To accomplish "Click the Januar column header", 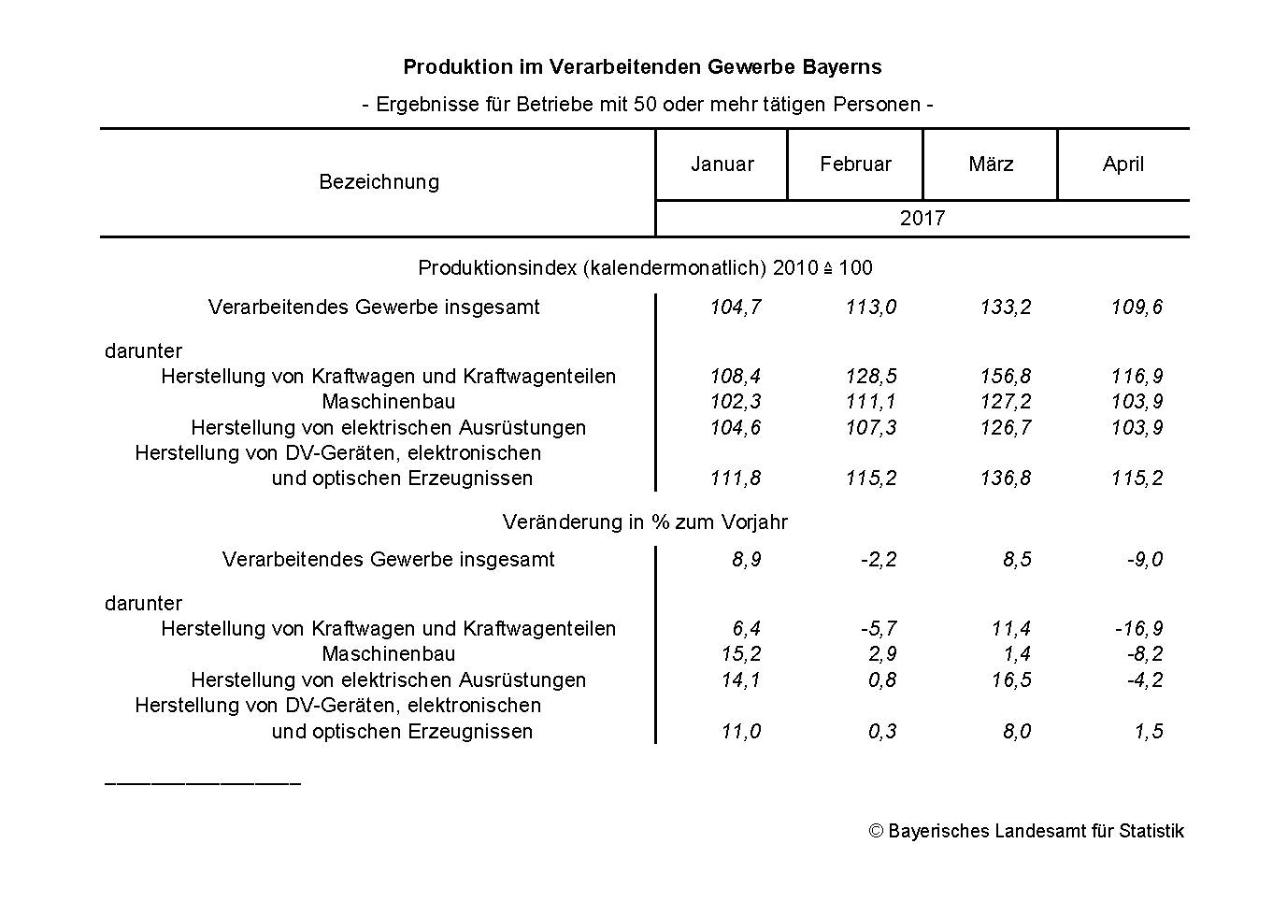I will tap(722, 164).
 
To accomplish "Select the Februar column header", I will tap(855, 164).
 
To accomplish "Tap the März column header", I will tap(991, 164).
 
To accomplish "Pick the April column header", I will tap(1123, 164).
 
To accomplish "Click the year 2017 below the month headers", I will tap(922, 219).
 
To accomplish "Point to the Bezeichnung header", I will tap(379, 181).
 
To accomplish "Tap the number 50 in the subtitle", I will tap(644, 105).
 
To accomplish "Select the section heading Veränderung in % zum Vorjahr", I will tap(645, 522).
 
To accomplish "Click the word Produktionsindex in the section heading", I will tap(497, 268).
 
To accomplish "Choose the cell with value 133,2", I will tap(1006, 307).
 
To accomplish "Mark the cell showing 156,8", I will tap(1006, 377).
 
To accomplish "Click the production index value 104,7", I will tap(735, 307).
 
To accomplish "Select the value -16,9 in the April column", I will tap(1138, 629).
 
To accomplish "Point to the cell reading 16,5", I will tap(1011, 679).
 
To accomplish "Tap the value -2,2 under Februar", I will tap(879, 560).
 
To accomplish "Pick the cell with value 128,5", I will tap(870, 377).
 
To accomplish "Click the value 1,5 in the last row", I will tap(1149, 731).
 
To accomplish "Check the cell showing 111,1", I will tap(870, 402).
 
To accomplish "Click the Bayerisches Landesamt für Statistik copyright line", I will tap(1026, 831).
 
